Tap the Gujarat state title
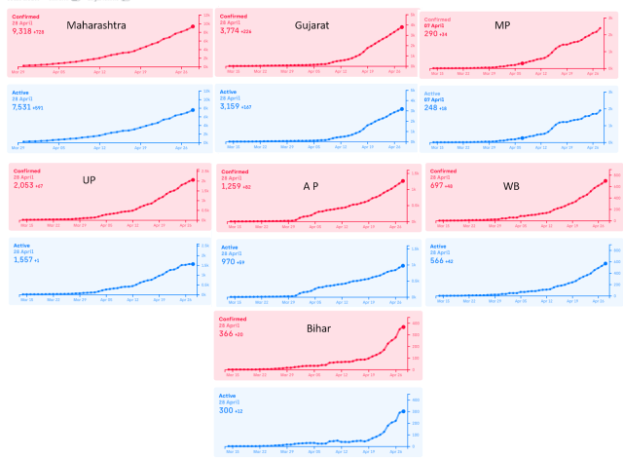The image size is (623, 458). point(311,24)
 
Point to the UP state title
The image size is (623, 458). point(90,179)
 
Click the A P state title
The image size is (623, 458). point(311,185)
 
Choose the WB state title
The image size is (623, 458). point(511,185)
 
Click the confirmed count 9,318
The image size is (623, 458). point(22,32)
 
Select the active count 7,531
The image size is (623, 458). point(22,109)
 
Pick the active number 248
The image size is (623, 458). point(432,108)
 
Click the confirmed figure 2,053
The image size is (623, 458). point(23,184)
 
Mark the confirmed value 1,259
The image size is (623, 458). point(232,186)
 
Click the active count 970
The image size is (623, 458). point(230,261)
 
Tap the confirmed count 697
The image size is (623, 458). point(438,185)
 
